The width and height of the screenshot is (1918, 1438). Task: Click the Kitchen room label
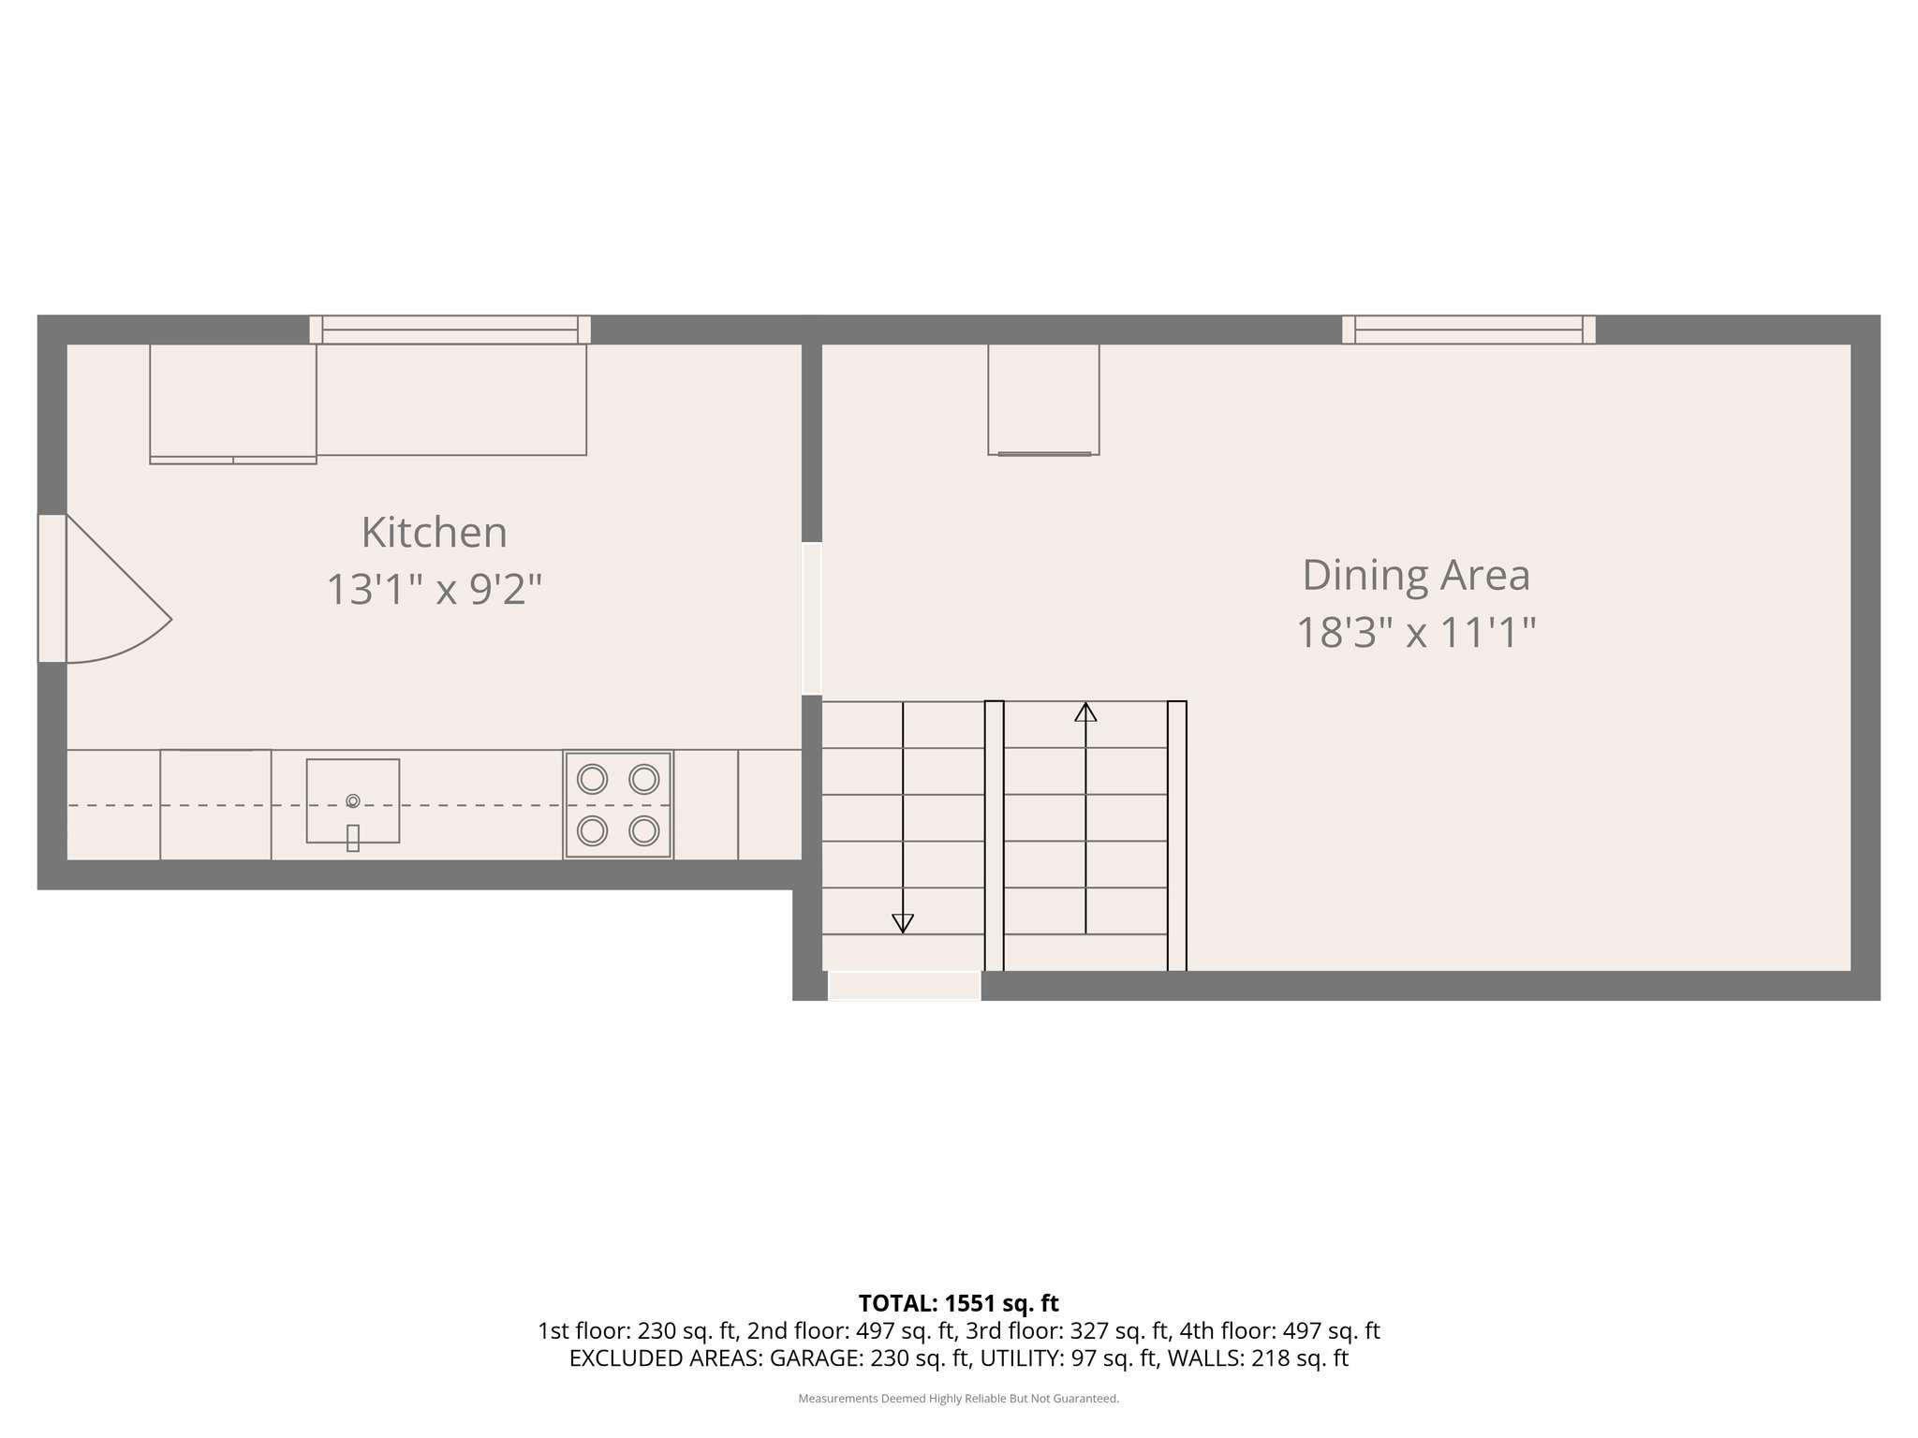click(x=434, y=533)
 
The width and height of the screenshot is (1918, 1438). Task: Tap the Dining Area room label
click(x=1416, y=575)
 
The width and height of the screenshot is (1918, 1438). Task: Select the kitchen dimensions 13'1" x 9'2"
click(x=434, y=590)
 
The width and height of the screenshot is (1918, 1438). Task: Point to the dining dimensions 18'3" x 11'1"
click(x=1416, y=632)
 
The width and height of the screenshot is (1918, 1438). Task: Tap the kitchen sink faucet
click(x=353, y=837)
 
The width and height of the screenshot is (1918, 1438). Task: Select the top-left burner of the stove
click(x=592, y=779)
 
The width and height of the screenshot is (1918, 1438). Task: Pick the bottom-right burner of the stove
click(x=644, y=829)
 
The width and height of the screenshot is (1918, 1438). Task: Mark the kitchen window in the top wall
click(x=450, y=330)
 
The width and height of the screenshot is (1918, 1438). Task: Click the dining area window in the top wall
click(x=1468, y=330)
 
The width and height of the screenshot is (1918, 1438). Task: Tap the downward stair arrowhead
click(x=903, y=923)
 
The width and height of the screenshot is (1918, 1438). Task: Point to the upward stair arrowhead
click(x=1085, y=712)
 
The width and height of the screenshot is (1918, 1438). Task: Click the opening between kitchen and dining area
click(x=812, y=619)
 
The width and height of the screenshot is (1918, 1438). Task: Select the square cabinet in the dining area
click(x=1043, y=399)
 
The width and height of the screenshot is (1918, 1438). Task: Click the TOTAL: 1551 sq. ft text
click(x=958, y=1303)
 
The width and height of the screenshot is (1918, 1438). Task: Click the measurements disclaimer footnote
click(x=958, y=1399)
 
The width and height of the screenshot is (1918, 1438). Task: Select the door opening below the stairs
click(x=904, y=986)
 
